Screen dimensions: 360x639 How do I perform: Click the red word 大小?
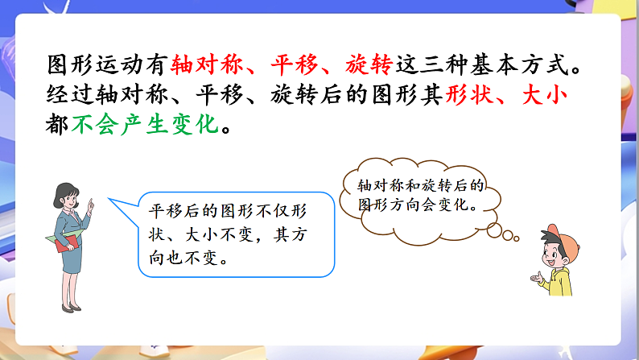tap(547, 96)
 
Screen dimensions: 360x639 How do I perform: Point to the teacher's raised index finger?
tap(91, 201)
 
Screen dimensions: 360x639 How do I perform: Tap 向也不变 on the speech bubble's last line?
tap(185, 259)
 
